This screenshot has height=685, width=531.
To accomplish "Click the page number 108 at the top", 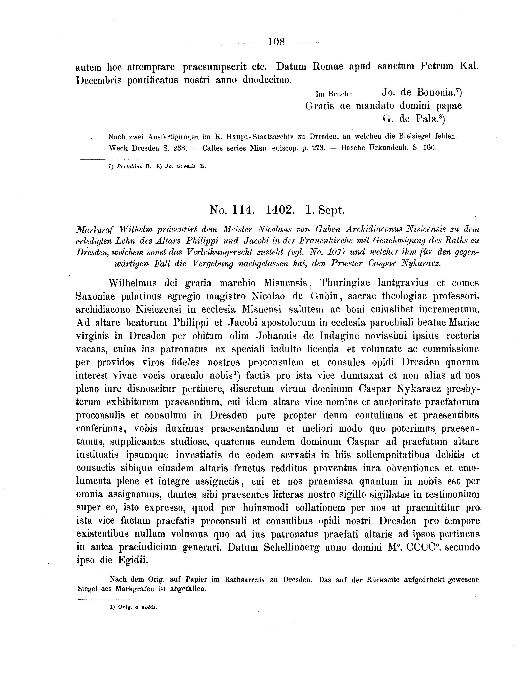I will (276, 42).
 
